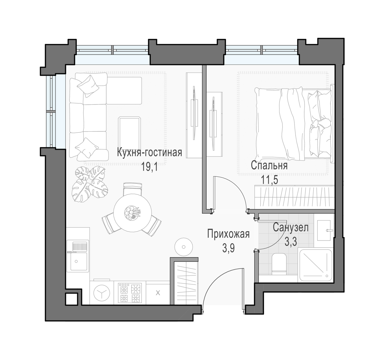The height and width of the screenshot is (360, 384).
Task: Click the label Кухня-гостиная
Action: tap(150, 153)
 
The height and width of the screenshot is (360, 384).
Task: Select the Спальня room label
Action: tap(269, 166)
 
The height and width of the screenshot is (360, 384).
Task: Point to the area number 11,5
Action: tap(270, 180)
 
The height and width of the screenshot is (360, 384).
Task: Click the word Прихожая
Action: tap(228, 234)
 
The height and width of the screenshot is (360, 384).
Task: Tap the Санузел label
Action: tap(291, 228)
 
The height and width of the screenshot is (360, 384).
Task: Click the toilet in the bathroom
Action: tap(279, 264)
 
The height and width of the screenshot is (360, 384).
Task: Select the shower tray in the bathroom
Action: tap(316, 265)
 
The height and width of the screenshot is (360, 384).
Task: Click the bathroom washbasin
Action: tap(324, 230)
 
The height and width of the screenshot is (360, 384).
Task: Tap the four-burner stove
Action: tap(130, 293)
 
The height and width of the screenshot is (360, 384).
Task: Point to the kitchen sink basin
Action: tap(79, 261)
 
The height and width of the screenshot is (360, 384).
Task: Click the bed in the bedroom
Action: tap(294, 124)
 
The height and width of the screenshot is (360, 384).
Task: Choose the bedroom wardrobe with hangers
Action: tap(294, 197)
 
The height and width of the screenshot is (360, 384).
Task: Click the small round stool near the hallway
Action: tap(184, 247)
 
